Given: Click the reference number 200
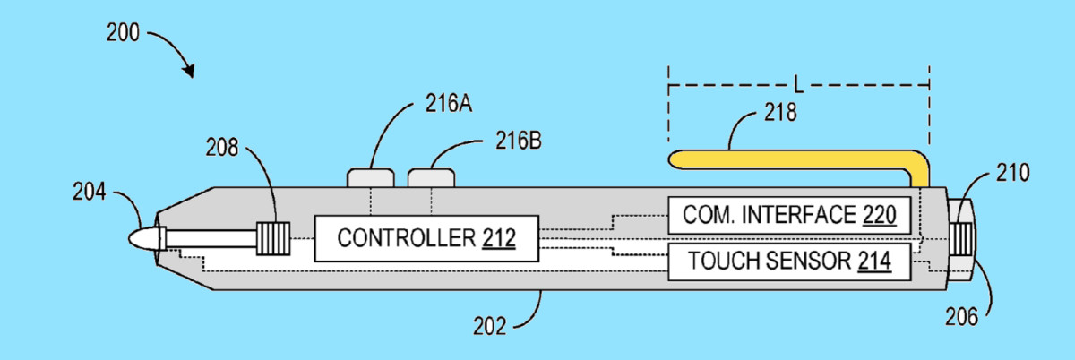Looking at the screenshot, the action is tap(123, 32).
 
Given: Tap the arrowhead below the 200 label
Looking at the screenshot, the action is tap(189, 72).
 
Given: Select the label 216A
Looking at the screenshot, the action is tap(449, 103).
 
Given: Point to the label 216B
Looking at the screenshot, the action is tap(519, 141).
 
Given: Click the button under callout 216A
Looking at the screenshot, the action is tap(371, 177).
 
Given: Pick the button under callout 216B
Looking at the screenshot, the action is tap(431, 177).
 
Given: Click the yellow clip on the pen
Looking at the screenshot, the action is tap(799, 163).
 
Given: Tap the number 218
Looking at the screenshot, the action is tap(780, 112).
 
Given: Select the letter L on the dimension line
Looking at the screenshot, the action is tap(798, 85).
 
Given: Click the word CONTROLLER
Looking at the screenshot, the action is tap(406, 238).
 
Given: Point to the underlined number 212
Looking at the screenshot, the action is tap(499, 238).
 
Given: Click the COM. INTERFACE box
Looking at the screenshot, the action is tap(789, 215).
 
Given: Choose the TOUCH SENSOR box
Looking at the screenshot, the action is tap(789, 261).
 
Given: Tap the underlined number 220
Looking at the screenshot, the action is tap(879, 215).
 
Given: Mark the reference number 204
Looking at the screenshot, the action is tap(90, 192).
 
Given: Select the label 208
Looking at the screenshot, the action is tap(222, 148).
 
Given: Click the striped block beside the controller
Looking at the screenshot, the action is tap(273, 238).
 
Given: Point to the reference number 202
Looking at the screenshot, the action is tap(489, 326).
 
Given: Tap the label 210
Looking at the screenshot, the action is tap(1012, 173).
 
